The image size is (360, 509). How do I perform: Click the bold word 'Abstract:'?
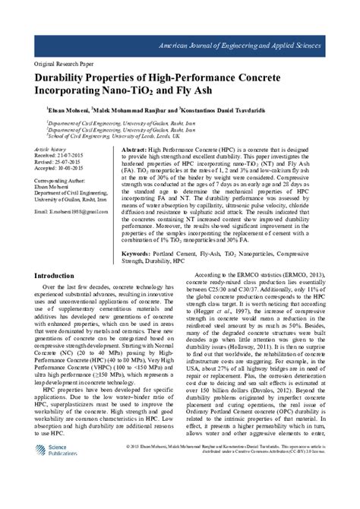(134, 152)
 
